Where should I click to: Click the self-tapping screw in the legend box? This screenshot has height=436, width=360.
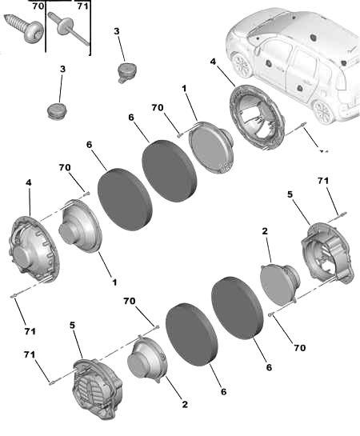pos(25,28)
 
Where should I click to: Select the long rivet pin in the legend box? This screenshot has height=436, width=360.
pos(68,29)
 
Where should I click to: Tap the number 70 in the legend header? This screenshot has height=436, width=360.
pos(38,6)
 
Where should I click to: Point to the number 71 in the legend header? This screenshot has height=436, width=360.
pos(82,6)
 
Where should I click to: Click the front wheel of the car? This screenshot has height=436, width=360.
pos(242,66)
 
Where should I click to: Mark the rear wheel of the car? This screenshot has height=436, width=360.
pos(323,112)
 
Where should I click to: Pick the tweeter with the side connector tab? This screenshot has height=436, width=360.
pos(126,72)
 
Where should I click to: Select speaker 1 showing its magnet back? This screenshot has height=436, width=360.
pos(80,226)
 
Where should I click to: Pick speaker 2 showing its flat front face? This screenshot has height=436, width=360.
pos(280,284)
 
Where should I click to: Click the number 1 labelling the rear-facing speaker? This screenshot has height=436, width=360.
pos(114,282)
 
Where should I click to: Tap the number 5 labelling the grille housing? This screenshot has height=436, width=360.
pos(72,325)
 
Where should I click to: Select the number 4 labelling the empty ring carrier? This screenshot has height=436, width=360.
pos(213,62)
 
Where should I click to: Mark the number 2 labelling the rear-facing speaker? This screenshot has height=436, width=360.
pos(185,404)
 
